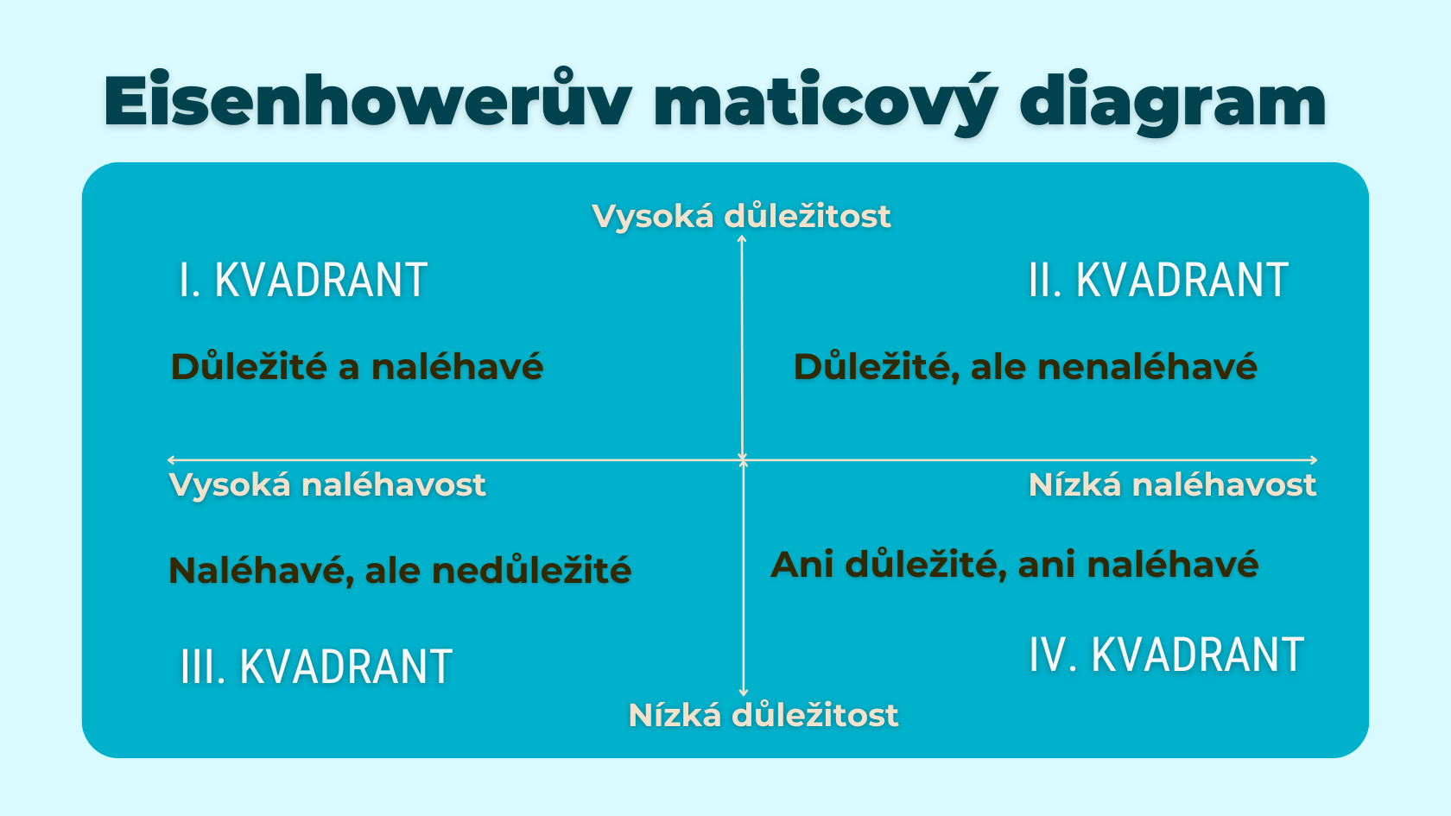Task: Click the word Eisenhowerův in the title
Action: click(x=367, y=102)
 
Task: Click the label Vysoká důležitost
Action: click(x=741, y=216)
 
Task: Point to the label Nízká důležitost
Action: click(x=764, y=715)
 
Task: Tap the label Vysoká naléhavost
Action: click(x=327, y=484)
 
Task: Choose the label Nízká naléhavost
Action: click(x=1172, y=484)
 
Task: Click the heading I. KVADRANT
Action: click(x=303, y=281)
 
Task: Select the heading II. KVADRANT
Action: click(x=1158, y=281)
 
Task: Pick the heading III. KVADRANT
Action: click(x=316, y=667)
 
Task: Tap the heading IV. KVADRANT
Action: click(x=1166, y=655)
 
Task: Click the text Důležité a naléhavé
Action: click(x=357, y=367)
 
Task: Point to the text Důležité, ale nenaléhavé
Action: click(x=1025, y=367)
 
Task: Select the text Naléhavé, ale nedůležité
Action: click(x=400, y=571)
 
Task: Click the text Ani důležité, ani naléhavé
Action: click(x=1014, y=565)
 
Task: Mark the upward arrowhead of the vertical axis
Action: click(x=742, y=239)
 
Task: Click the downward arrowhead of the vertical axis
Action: click(x=744, y=693)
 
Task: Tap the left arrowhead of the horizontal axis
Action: click(x=172, y=460)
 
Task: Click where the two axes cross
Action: click(x=743, y=460)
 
